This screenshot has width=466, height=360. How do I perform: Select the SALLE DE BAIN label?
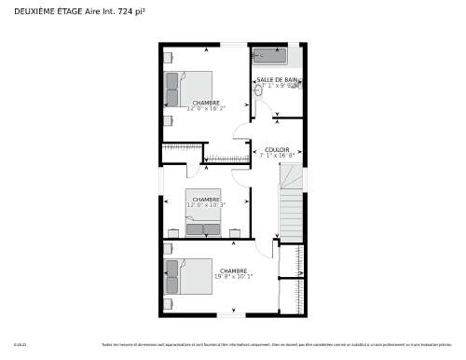coord(278,79)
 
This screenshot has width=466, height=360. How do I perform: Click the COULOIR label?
coord(277,149)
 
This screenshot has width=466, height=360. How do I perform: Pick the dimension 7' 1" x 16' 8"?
coord(277,155)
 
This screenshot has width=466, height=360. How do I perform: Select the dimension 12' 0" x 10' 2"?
coord(206,108)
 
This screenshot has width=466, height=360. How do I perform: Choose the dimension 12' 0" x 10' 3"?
coord(206,204)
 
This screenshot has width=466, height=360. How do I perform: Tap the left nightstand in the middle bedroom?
coord(174,230)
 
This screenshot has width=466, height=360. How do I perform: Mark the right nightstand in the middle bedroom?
coord(234,230)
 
